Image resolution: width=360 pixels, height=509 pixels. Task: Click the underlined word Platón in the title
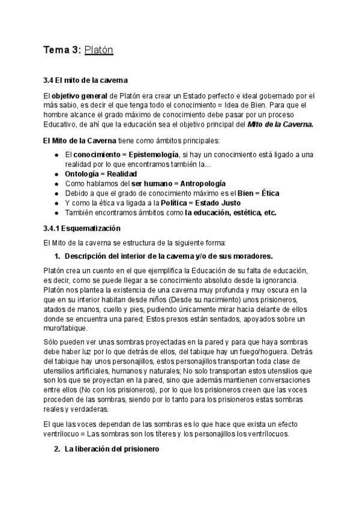pyautogui.click(x=99, y=50)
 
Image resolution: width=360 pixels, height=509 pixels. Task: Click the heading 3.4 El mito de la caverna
pyautogui.click(x=85, y=80)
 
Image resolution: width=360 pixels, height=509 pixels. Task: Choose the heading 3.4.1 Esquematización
pyautogui.click(x=82, y=229)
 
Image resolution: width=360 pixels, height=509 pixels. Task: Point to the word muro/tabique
pyautogui.click(x=65, y=328)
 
